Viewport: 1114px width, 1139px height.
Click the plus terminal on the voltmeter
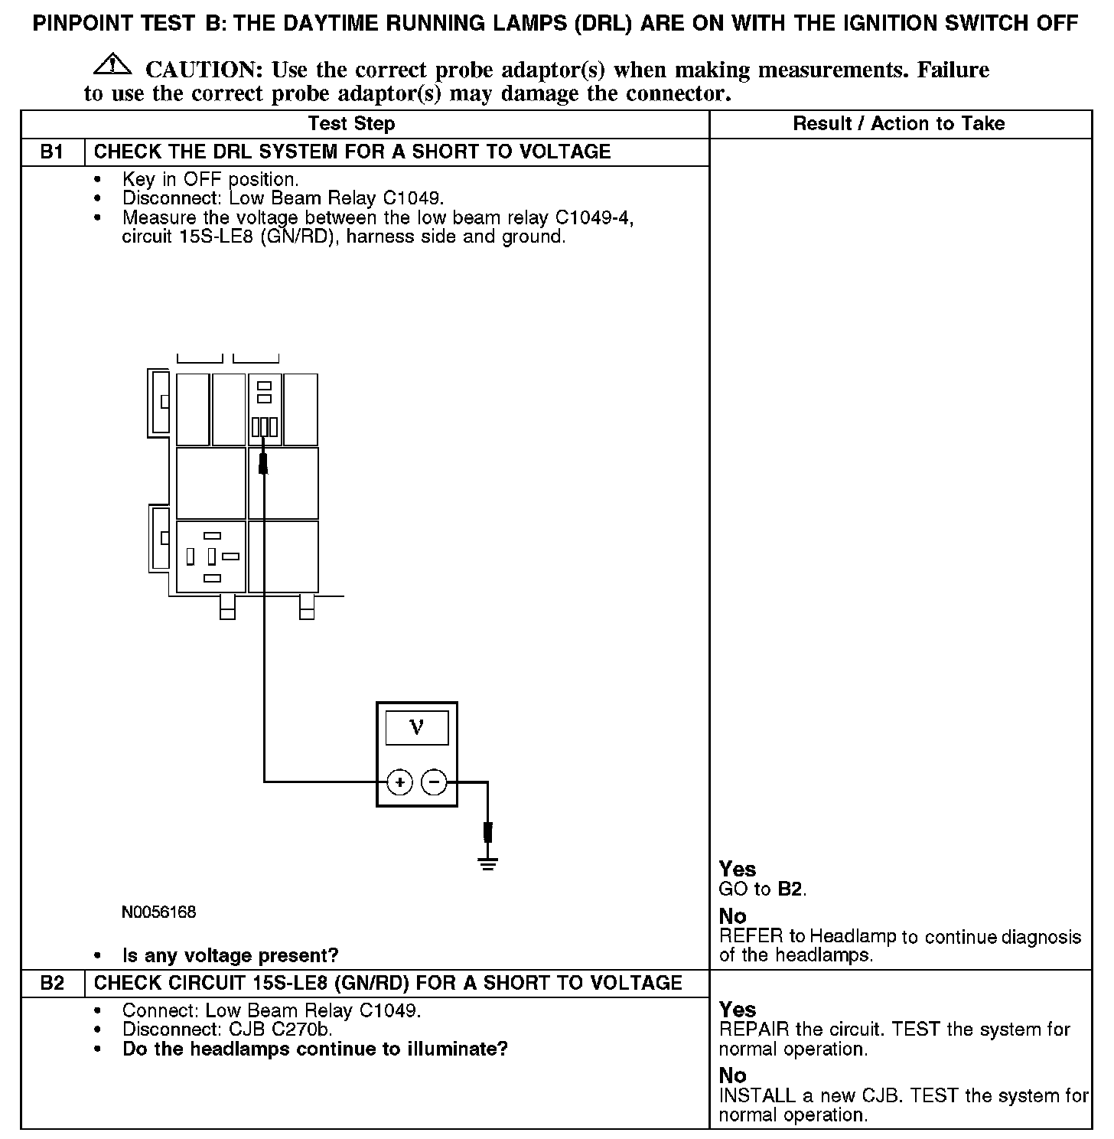click(399, 782)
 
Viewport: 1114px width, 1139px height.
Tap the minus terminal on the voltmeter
click(434, 782)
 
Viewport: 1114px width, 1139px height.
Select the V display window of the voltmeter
click(416, 727)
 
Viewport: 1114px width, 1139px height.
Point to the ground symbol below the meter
click(487, 863)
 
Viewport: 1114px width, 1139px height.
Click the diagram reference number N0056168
click(158, 912)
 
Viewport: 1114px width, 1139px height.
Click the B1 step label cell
click(52, 152)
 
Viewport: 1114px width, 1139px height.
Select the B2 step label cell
click(52, 983)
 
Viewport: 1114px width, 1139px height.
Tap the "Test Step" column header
click(351, 124)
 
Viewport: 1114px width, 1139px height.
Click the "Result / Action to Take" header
click(899, 124)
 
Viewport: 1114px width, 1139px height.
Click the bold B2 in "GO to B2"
click(791, 889)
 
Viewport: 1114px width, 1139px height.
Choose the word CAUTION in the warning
click(204, 70)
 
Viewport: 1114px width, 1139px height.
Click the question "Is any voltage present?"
click(230, 955)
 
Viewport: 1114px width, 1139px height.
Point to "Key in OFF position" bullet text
click(210, 180)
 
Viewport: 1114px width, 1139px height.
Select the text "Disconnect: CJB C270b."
click(227, 1030)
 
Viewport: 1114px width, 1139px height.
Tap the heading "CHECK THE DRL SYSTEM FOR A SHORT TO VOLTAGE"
click(352, 152)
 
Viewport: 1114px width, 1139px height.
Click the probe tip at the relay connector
click(264, 462)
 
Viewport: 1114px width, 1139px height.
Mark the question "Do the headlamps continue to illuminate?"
click(315, 1049)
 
